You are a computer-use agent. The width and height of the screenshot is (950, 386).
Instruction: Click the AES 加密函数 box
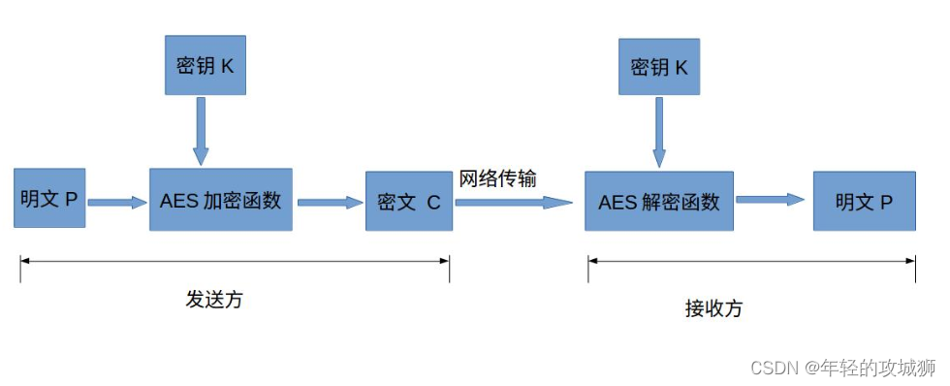pyautogui.click(x=220, y=200)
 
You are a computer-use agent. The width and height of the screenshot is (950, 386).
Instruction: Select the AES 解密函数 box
pyautogui.click(x=659, y=202)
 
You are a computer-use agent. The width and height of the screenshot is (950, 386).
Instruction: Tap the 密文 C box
pyautogui.click(x=408, y=202)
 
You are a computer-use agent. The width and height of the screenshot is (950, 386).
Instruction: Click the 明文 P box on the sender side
pyautogui.click(x=49, y=199)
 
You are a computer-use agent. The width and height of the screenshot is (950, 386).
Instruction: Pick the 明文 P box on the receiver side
pyautogui.click(x=864, y=202)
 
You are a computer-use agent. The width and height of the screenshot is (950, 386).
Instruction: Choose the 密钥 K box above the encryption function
pyautogui.click(x=205, y=66)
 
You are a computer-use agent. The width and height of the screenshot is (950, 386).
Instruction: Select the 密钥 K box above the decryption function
pyautogui.click(x=659, y=67)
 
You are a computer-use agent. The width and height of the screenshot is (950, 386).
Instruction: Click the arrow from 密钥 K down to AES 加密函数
pyautogui.click(x=201, y=131)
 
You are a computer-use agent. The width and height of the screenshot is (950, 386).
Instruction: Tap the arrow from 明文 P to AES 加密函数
pyautogui.click(x=116, y=202)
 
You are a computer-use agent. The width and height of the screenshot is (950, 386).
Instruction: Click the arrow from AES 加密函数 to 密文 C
pyautogui.click(x=329, y=202)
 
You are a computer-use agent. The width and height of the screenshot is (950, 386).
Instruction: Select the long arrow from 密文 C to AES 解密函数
pyautogui.click(x=514, y=202)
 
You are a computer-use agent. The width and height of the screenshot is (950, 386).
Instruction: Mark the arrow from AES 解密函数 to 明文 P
pyautogui.click(x=771, y=200)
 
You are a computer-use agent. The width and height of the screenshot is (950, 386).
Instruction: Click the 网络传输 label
pyautogui.click(x=497, y=178)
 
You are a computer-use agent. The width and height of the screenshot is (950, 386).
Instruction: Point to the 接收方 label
pyautogui.click(x=713, y=308)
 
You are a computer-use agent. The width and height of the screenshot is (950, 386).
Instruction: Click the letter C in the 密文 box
pyautogui.click(x=433, y=202)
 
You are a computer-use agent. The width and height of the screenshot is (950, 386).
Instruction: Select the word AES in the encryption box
pyautogui.click(x=178, y=201)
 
